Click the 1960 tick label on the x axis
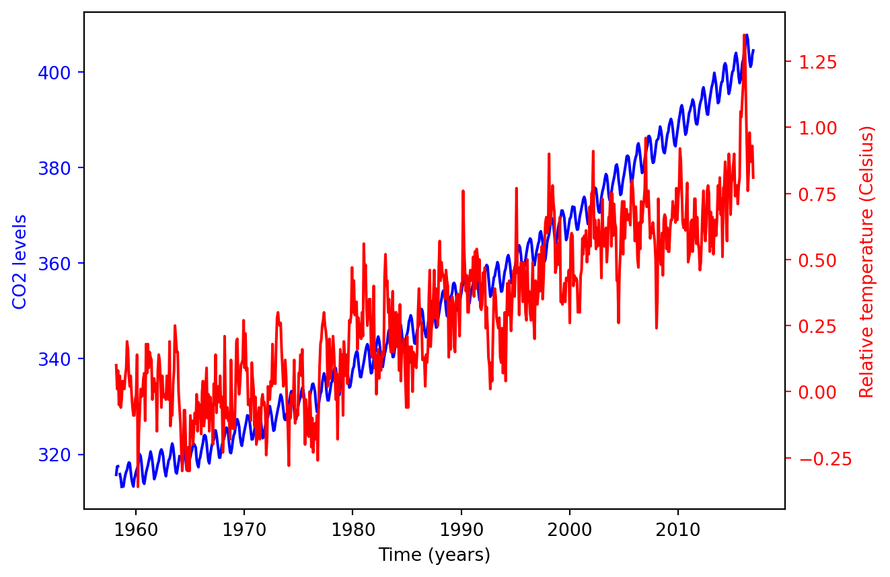pyautogui.click(x=136, y=529)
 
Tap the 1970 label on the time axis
pyautogui.click(x=244, y=529)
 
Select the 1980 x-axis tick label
pyautogui.click(x=353, y=529)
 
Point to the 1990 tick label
pyautogui.click(x=461, y=529)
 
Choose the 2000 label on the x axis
pyautogui.click(x=570, y=529)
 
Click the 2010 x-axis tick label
pyautogui.click(x=678, y=529)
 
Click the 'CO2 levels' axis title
pyautogui.click(x=20, y=262)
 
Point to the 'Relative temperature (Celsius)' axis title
pyautogui.click(x=867, y=262)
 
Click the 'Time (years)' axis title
pyautogui.click(x=434, y=555)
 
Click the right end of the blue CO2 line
pyautogui.click(x=753, y=50)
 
